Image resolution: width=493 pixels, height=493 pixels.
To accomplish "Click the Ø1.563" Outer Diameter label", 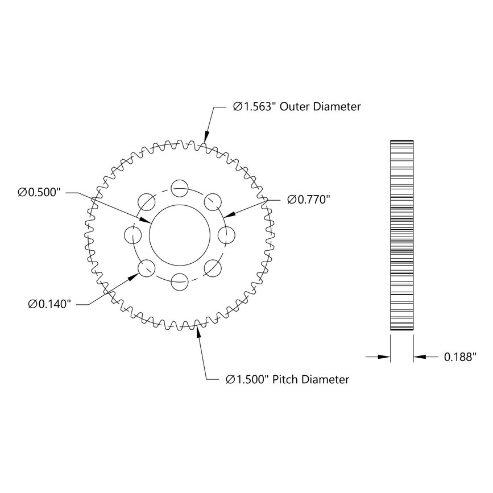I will (x=297, y=106).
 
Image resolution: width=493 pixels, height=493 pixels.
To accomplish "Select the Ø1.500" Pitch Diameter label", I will (x=287, y=379).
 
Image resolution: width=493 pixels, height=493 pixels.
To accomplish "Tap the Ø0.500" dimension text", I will (x=39, y=193).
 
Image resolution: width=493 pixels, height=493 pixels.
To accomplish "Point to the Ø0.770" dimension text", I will (x=309, y=199).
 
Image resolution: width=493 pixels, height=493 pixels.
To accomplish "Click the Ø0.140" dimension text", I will (x=49, y=304).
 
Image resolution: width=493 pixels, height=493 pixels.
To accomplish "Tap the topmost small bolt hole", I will (x=180, y=186).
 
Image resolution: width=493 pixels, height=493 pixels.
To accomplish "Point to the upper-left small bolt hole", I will (x=147, y=200).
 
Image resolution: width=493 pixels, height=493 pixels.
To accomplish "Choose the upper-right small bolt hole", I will (x=213, y=200).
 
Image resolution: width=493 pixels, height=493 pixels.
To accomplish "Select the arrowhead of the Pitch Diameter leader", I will (x=198, y=331).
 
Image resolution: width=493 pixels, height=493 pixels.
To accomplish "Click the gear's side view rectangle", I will (x=401, y=234).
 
